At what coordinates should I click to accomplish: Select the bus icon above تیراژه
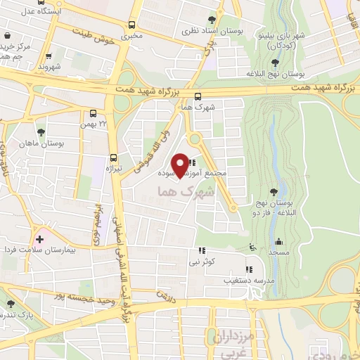coord(113,159)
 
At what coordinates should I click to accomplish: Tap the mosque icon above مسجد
coord(279,240)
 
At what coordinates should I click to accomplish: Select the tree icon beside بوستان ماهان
coord(41,131)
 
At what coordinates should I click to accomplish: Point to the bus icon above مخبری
coord(131,22)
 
